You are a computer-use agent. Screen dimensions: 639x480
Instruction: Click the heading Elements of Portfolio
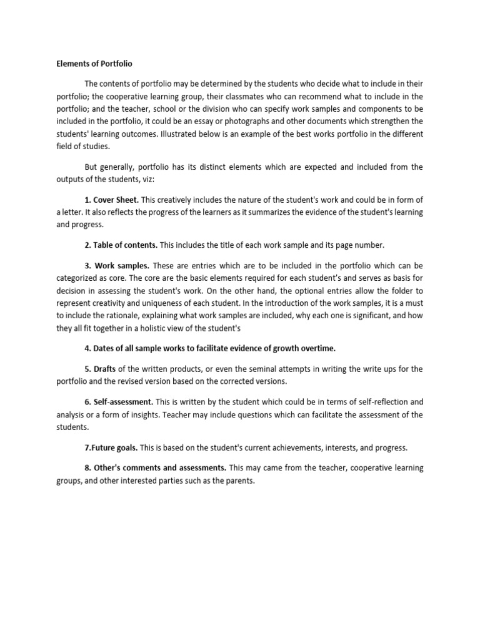point(94,64)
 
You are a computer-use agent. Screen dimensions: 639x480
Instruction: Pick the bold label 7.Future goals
point(111,447)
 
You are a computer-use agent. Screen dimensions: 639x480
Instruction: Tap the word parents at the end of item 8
point(240,480)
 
